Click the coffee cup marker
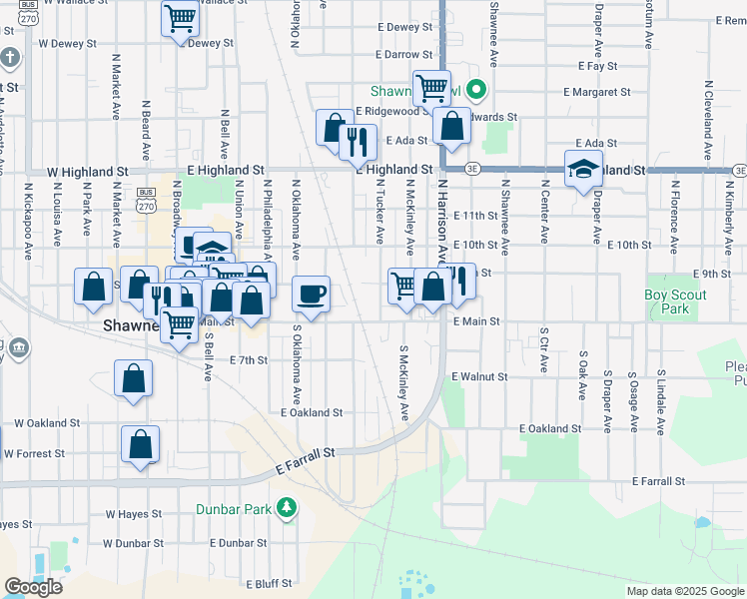pos(311,294)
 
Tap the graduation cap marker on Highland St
pos(583,170)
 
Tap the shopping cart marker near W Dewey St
pos(180,17)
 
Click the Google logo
pos(33,587)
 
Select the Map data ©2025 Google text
pos(684,591)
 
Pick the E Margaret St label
pos(596,92)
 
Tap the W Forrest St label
pos(34,453)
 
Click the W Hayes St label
pos(133,515)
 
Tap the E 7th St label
pos(249,359)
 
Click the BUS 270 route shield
pos(146,200)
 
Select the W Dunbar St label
pos(132,544)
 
